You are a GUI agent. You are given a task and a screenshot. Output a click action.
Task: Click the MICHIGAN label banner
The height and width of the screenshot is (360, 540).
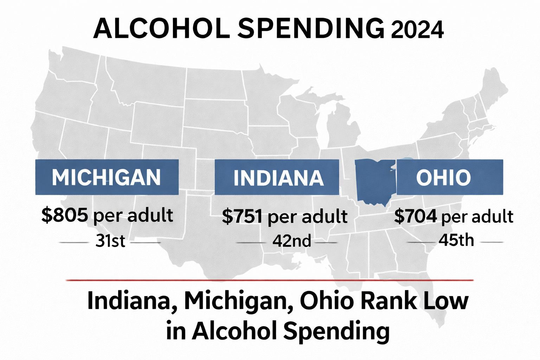tap(107, 177)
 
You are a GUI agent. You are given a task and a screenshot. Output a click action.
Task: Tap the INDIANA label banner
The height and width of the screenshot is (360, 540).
tap(277, 177)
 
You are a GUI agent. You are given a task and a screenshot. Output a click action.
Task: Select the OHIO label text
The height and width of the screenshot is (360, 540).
tap(444, 177)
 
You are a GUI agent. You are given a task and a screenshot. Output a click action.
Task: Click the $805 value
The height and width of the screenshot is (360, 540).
tap(65, 215)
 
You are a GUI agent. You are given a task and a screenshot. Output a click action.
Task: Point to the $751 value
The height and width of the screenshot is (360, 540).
tap(242, 216)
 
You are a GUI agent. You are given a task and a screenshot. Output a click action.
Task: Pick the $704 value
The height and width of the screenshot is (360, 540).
tap(416, 216)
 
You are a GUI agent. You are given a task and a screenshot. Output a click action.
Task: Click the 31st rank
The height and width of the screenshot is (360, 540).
tap(110, 241)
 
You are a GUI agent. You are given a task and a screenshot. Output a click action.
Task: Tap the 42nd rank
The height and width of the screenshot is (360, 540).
tap(292, 241)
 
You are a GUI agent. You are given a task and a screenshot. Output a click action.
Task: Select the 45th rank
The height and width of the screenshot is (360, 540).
tap(456, 240)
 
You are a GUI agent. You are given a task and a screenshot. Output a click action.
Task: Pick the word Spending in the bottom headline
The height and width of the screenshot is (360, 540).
tap(336, 331)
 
